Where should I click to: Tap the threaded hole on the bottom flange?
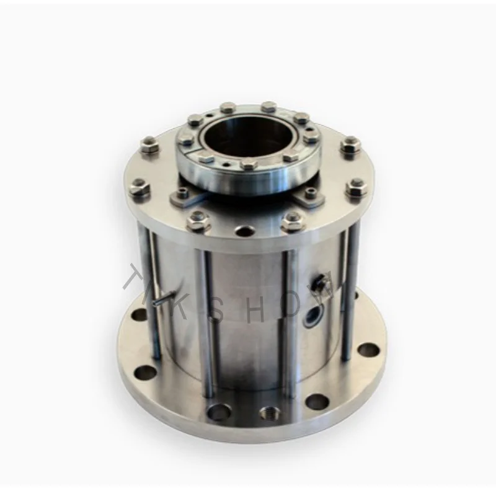(268, 412)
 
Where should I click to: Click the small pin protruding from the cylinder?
(163, 299)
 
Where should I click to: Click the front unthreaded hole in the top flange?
(243, 231)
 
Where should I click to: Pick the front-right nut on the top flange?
(292, 219)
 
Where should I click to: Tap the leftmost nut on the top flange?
(139, 188)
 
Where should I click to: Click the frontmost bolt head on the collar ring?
(247, 164)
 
